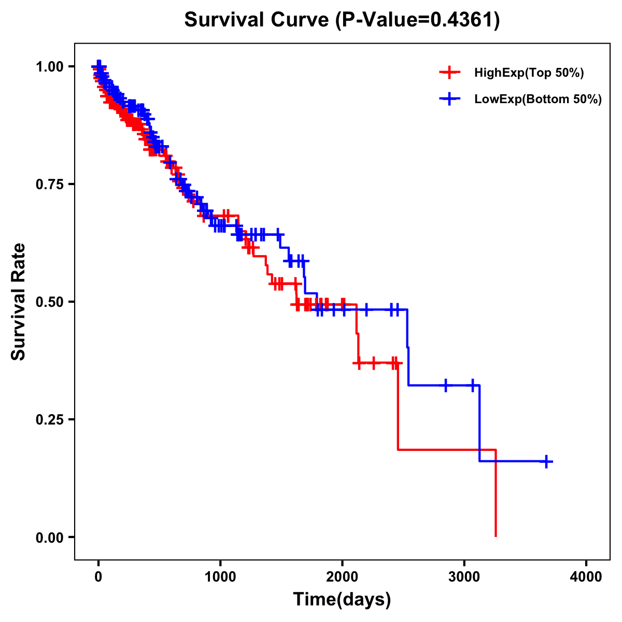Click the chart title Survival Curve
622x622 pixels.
point(257,20)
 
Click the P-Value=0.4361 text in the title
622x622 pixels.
point(417,20)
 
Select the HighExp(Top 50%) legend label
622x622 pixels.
point(529,73)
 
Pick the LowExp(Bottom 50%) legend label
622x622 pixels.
point(538,100)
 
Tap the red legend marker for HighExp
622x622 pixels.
point(449,73)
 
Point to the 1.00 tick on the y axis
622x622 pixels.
point(49,67)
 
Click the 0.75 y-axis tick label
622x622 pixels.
point(49,185)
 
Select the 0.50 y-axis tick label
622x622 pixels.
point(49,302)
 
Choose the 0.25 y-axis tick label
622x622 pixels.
point(49,419)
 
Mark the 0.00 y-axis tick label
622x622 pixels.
point(49,537)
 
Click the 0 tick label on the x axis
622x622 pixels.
point(98,577)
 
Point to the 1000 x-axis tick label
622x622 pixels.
point(220,577)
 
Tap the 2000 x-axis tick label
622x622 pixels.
point(342,577)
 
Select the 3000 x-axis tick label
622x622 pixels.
point(464,577)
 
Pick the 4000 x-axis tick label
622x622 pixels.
point(586,577)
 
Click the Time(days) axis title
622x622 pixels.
point(342,600)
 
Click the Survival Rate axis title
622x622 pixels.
point(19,302)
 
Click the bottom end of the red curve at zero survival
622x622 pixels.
point(496,535)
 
